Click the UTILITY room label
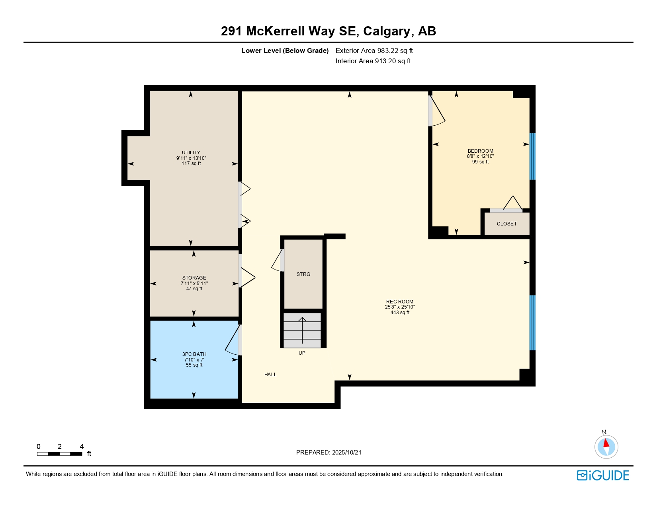coord(191,153)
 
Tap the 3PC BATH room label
coord(194,354)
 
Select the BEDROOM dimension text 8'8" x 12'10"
coord(480,156)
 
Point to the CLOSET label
coord(506,224)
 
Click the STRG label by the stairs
coord(303,274)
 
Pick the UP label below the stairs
coord(302,353)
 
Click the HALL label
coord(270,375)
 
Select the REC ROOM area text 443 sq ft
coord(400,313)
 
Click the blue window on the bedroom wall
coord(532,156)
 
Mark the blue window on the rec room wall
coord(532,322)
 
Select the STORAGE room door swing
coord(248,277)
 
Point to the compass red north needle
coord(606,443)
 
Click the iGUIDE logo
coord(603,475)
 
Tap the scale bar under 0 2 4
coord(60,454)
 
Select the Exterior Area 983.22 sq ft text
coord(374,51)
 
